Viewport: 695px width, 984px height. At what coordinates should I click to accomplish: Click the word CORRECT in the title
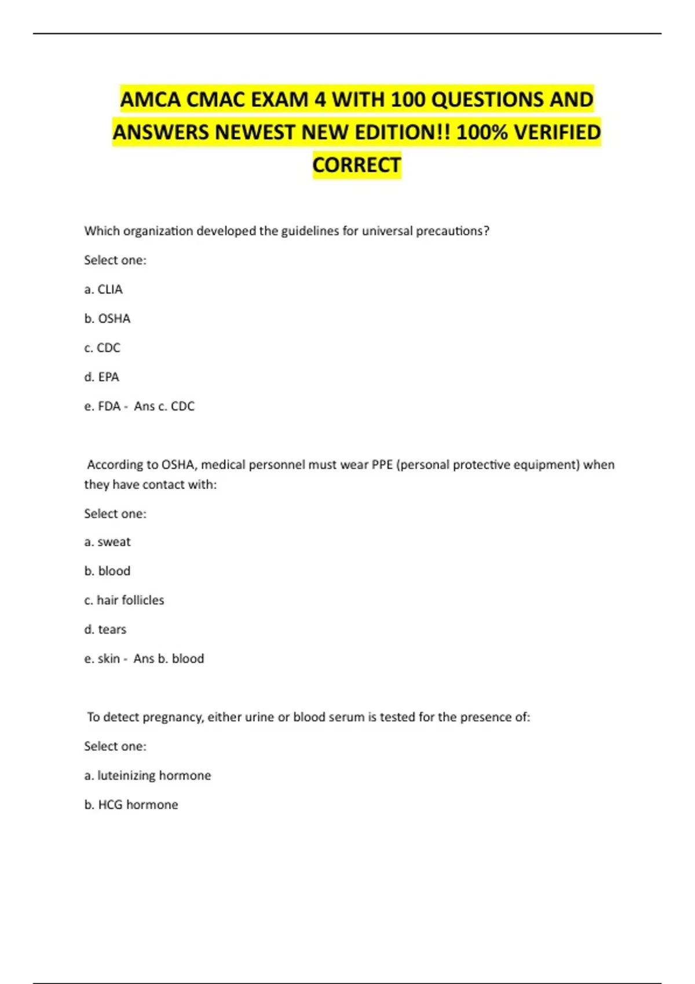pos(357,165)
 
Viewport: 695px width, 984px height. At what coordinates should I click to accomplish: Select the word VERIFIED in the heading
pos(557,133)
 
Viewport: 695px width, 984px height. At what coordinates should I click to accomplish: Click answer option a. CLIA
pos(103,289)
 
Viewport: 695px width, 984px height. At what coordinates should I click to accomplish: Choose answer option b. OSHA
pos(107,318)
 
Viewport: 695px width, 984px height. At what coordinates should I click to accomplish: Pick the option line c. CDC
pos(102,348)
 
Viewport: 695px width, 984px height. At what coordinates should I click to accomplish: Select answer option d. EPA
pos(101,377)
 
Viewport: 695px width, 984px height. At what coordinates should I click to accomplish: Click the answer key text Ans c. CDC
pos(164,406)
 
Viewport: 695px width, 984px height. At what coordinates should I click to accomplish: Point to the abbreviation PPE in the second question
pos(382,465)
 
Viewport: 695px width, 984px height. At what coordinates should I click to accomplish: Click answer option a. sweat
pos(107,542)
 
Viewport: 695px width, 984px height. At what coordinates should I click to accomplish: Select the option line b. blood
pos(107,571)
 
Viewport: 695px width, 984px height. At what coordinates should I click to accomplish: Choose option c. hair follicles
pos(124,600)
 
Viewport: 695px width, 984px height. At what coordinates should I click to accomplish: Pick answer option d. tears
pos(105,629)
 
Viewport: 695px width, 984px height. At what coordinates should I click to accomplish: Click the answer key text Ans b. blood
pos(169,659)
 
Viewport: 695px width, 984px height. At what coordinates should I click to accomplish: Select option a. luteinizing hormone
pos(147,776)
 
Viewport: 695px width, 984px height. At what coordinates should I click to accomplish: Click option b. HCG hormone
pos(131,805)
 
